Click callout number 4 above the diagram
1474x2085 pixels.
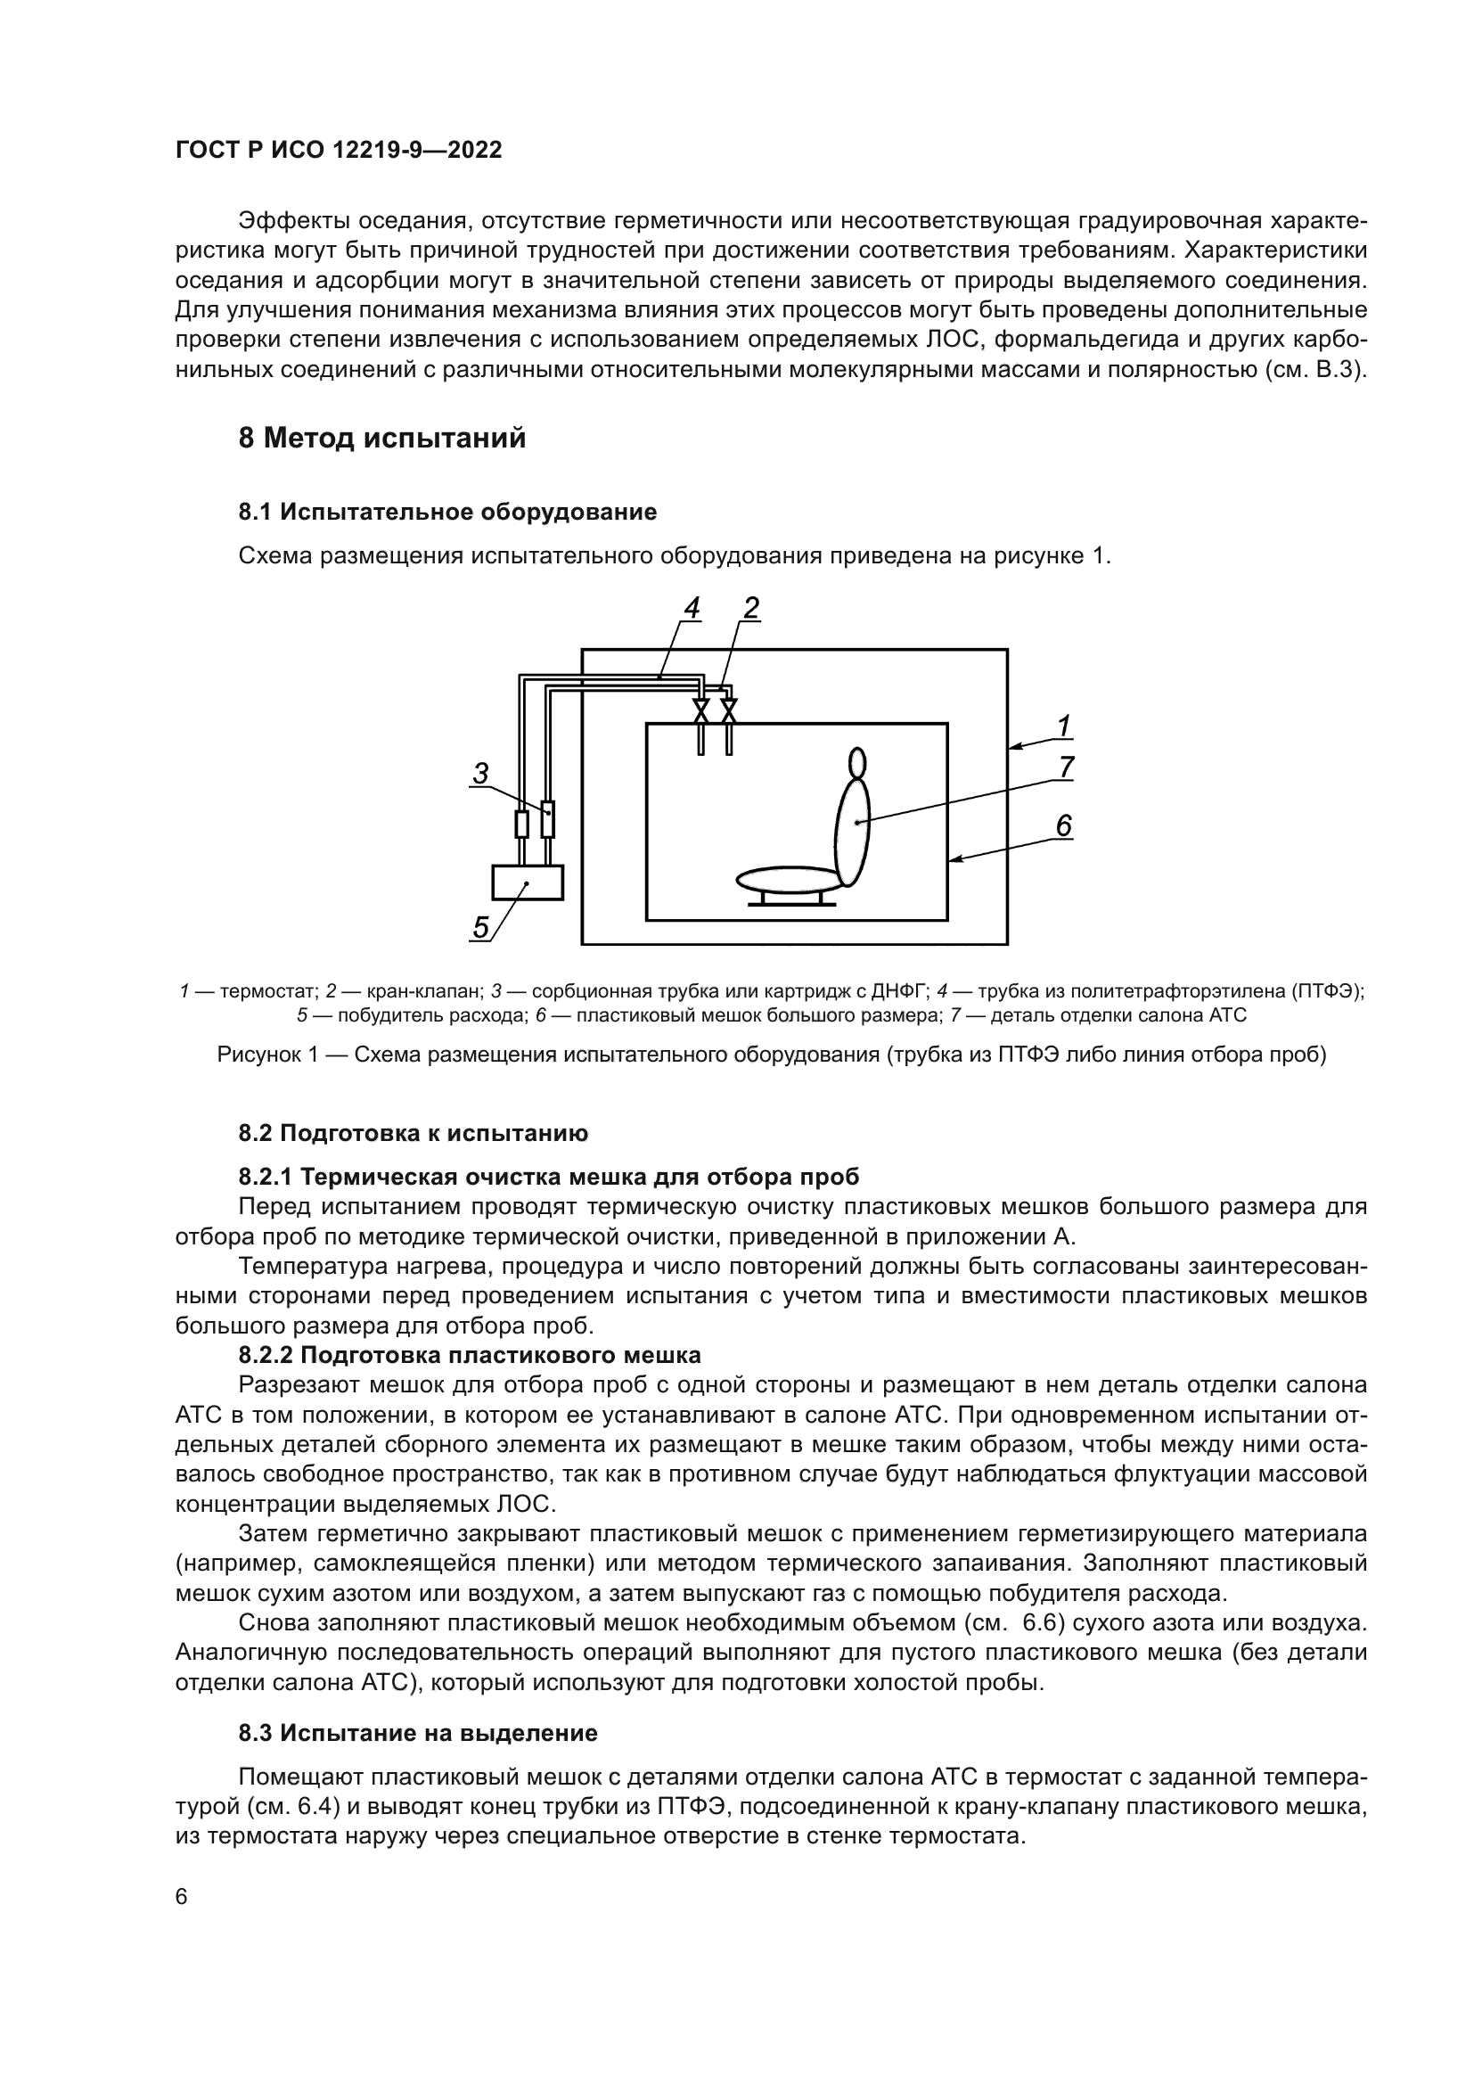pyautogui.click(x=692, y=608)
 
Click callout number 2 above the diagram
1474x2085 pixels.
pyautogui.click(x=750, y=608)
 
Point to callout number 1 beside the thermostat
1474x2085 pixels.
pyautogui.click(x=1064, y=726)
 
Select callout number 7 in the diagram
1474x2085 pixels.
pyautogui.click(x=1067, y=768)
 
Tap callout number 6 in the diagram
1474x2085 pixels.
pyautogui.click(x=1064, y=825)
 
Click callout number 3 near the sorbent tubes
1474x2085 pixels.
pyautogui.click(x=480, y=773)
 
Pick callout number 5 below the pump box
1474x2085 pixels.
pyautogui.click(x=481, y=927)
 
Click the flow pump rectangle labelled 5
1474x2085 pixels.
pyautogui.click(x=528, y=882)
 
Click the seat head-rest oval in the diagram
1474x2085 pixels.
pyautogui.click(x=856, y=762)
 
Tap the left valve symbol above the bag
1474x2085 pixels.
pyautogui.click(x=701, y=710)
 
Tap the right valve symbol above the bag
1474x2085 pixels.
pyautogui.click(x=728, y=710)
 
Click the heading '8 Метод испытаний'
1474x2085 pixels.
pyautogui.click(x=382, y=439)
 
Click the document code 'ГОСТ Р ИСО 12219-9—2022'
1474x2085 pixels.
pyautogui.click(x=339, y=151)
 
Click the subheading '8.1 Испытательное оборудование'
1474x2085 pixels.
pyautogui.click(x=447, y=513)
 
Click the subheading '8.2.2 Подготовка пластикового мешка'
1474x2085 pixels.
pyautogui.click(x=470, y=1355)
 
